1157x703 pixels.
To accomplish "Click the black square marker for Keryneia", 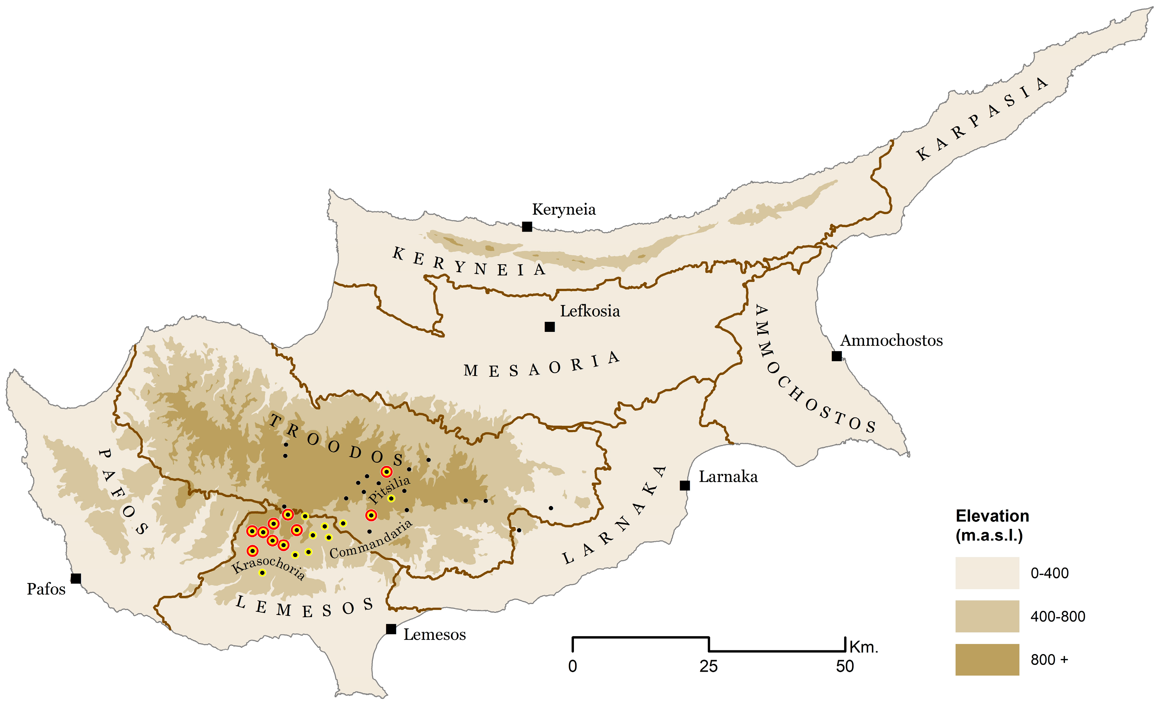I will (x=527, y=227).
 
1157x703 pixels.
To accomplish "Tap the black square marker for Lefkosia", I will (x=549, y=327).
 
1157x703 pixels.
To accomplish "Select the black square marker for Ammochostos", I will (x=836, y=356).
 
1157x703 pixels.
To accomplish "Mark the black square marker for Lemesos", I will (x=391, y=629).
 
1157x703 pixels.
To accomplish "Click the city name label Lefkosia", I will (x=590, y=311).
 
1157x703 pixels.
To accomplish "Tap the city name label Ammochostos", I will (x=891, y=341).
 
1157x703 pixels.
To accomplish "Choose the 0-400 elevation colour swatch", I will (x=987, y=573).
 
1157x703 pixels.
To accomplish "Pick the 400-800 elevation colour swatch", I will (x=987, y=616).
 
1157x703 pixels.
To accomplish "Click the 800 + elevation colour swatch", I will (x=987, y=659).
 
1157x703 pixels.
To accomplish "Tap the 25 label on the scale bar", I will (x=708, y=666).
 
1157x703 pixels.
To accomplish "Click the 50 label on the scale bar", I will (x=844, y=666).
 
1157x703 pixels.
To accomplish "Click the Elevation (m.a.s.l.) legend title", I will (x=992, y=526).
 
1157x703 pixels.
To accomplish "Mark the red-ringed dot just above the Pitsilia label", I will (x=386, y=472).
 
